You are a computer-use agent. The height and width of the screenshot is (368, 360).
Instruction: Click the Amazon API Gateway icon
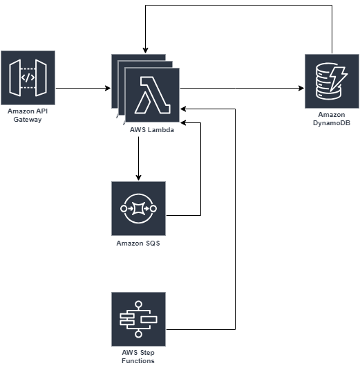(28, 77)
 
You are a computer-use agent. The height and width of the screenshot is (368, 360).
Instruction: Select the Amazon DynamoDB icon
(332, 81)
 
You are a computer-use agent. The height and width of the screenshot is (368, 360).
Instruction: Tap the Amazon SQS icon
(138, 208)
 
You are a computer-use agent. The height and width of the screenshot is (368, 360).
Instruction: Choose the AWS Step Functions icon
(138, 319)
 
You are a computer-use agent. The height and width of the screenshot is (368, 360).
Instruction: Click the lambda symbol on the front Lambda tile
(152, 95)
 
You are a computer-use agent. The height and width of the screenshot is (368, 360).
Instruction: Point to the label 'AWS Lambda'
(152, 130)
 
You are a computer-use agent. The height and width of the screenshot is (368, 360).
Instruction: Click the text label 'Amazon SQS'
(138, 243)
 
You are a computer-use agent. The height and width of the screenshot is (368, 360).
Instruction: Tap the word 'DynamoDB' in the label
(332, 123)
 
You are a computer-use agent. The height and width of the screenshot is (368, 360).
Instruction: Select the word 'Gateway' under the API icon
(28, 120)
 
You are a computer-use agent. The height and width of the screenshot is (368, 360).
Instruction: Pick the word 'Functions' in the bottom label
(138, 360)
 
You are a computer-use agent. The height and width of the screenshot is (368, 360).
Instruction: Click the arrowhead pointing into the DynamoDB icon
(301, 89)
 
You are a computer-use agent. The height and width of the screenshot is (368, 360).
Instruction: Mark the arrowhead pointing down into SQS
(138, 178)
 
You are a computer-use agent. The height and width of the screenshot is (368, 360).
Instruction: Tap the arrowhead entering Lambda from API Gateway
(108, 89)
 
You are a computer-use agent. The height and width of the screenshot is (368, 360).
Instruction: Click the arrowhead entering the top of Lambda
(145, 50)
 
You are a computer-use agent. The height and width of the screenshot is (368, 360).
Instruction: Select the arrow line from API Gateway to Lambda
(83, 89)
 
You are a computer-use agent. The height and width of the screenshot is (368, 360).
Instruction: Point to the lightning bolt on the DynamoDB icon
(339, 79)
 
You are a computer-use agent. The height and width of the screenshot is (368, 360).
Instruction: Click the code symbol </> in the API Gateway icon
(28, 77)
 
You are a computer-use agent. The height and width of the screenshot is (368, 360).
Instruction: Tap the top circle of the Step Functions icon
(138, 304)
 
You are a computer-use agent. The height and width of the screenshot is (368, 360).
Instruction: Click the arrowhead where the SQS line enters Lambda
(183, 122)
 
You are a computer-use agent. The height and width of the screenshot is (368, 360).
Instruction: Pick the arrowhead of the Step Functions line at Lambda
(183, 109)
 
